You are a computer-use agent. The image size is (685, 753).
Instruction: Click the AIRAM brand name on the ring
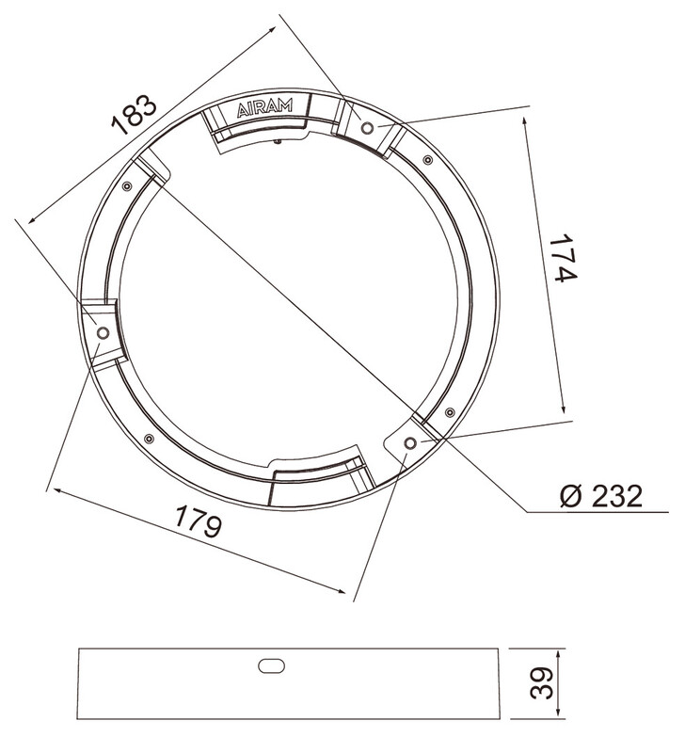pos(265,107)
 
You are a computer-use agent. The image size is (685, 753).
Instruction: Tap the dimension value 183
pos(134,114)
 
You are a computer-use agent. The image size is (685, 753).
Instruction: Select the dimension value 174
pos(563,258)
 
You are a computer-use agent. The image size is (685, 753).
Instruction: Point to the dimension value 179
pos(199,521)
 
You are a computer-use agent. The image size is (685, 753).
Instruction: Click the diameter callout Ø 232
pos(601,496)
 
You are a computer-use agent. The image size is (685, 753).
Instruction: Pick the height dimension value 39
pos(542,683)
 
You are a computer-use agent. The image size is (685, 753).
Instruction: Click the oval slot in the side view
pos(271,666)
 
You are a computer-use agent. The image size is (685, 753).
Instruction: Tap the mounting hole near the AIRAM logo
pos(367,128)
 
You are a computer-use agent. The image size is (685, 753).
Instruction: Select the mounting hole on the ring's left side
pos(103,332)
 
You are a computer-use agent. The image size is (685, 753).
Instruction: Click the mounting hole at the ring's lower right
pos(410,442)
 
